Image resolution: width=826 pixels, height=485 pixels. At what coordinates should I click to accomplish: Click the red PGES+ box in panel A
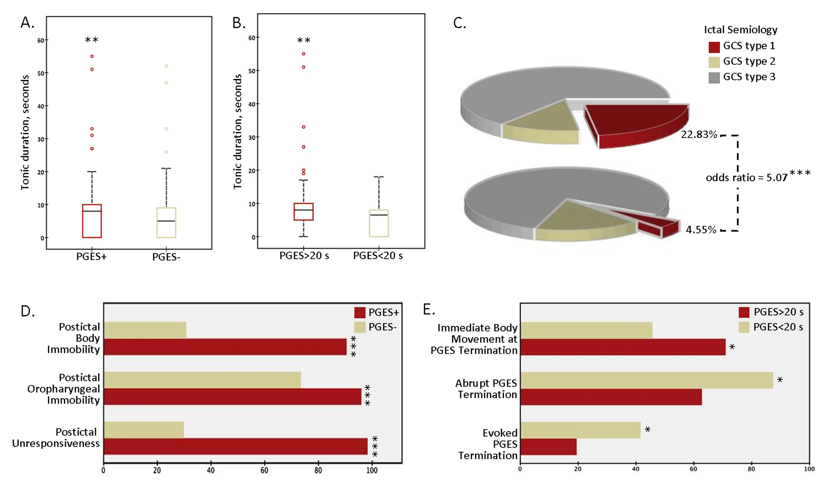[92, 221]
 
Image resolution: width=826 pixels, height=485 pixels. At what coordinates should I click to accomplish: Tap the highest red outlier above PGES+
[92, 56]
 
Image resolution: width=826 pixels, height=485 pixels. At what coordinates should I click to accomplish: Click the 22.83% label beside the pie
[699, 135]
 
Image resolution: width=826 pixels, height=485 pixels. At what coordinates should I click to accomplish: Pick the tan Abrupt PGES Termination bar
[646, 380]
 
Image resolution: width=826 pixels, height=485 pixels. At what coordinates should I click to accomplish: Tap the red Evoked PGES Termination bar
[548, 447]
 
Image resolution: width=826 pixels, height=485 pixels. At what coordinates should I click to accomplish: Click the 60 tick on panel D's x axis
[264, 470]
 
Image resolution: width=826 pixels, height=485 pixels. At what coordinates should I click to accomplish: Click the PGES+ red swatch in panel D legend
[359, 312]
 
